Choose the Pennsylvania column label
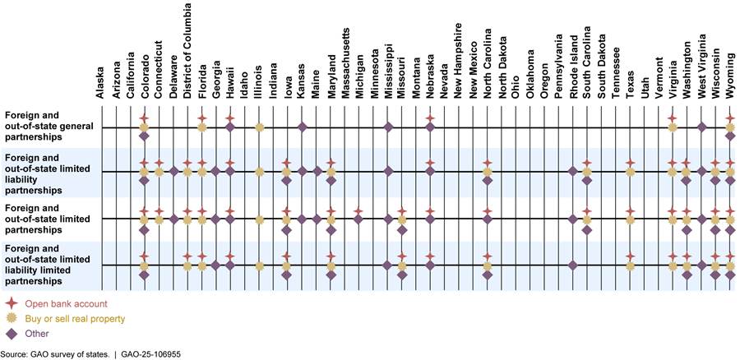pos(558,71)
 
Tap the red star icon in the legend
pos(12,304)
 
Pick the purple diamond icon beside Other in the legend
pos(12,334)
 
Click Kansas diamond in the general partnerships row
pos(303,127)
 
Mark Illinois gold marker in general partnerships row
pos(259,127)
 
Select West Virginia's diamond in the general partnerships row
pos(702,127)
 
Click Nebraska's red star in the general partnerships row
pos(429,118)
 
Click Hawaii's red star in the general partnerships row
pos(230,118)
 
